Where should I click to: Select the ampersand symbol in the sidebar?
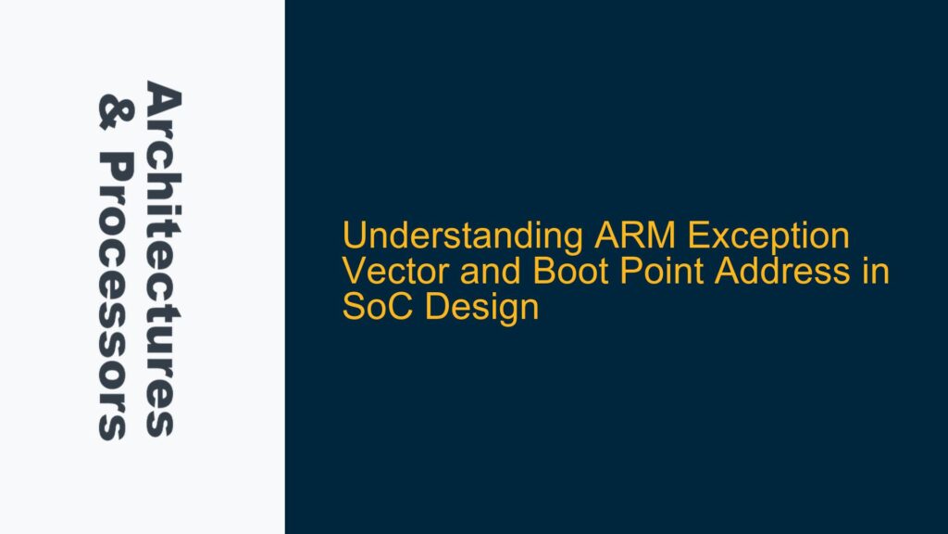(x=112, y=108)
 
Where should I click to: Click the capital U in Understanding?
(x=353, y=238)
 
